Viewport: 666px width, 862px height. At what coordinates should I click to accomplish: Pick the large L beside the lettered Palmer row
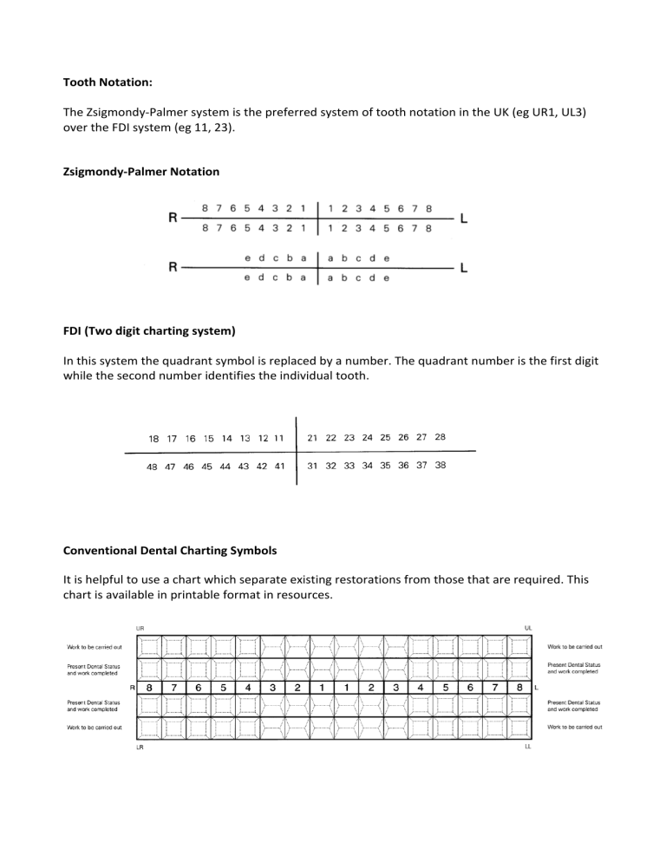(465, 268)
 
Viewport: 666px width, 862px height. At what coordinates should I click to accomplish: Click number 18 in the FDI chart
(154, 439)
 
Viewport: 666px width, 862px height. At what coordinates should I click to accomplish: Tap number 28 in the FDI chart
(440, 438)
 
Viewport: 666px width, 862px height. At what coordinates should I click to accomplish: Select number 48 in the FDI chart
(153, 466)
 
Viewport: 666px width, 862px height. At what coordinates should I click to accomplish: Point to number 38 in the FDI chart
(440, 465)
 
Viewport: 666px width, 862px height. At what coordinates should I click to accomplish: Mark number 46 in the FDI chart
(189, 466)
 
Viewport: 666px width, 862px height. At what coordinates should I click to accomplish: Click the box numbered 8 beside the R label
(150, 688)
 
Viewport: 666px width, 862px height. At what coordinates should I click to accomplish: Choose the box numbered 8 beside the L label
(519, 688)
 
